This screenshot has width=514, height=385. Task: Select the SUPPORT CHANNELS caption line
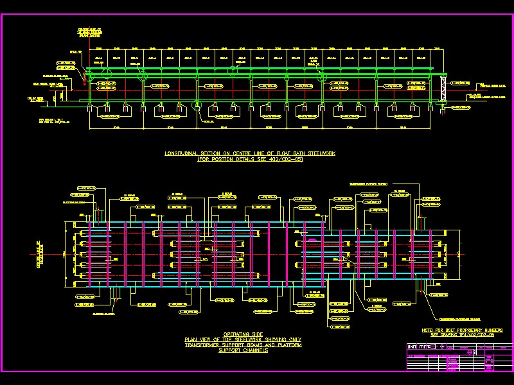[x=242, y=351]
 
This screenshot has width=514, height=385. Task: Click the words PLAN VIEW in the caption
[x=197, y=339]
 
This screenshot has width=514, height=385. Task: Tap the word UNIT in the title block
[x=414, y=347]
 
